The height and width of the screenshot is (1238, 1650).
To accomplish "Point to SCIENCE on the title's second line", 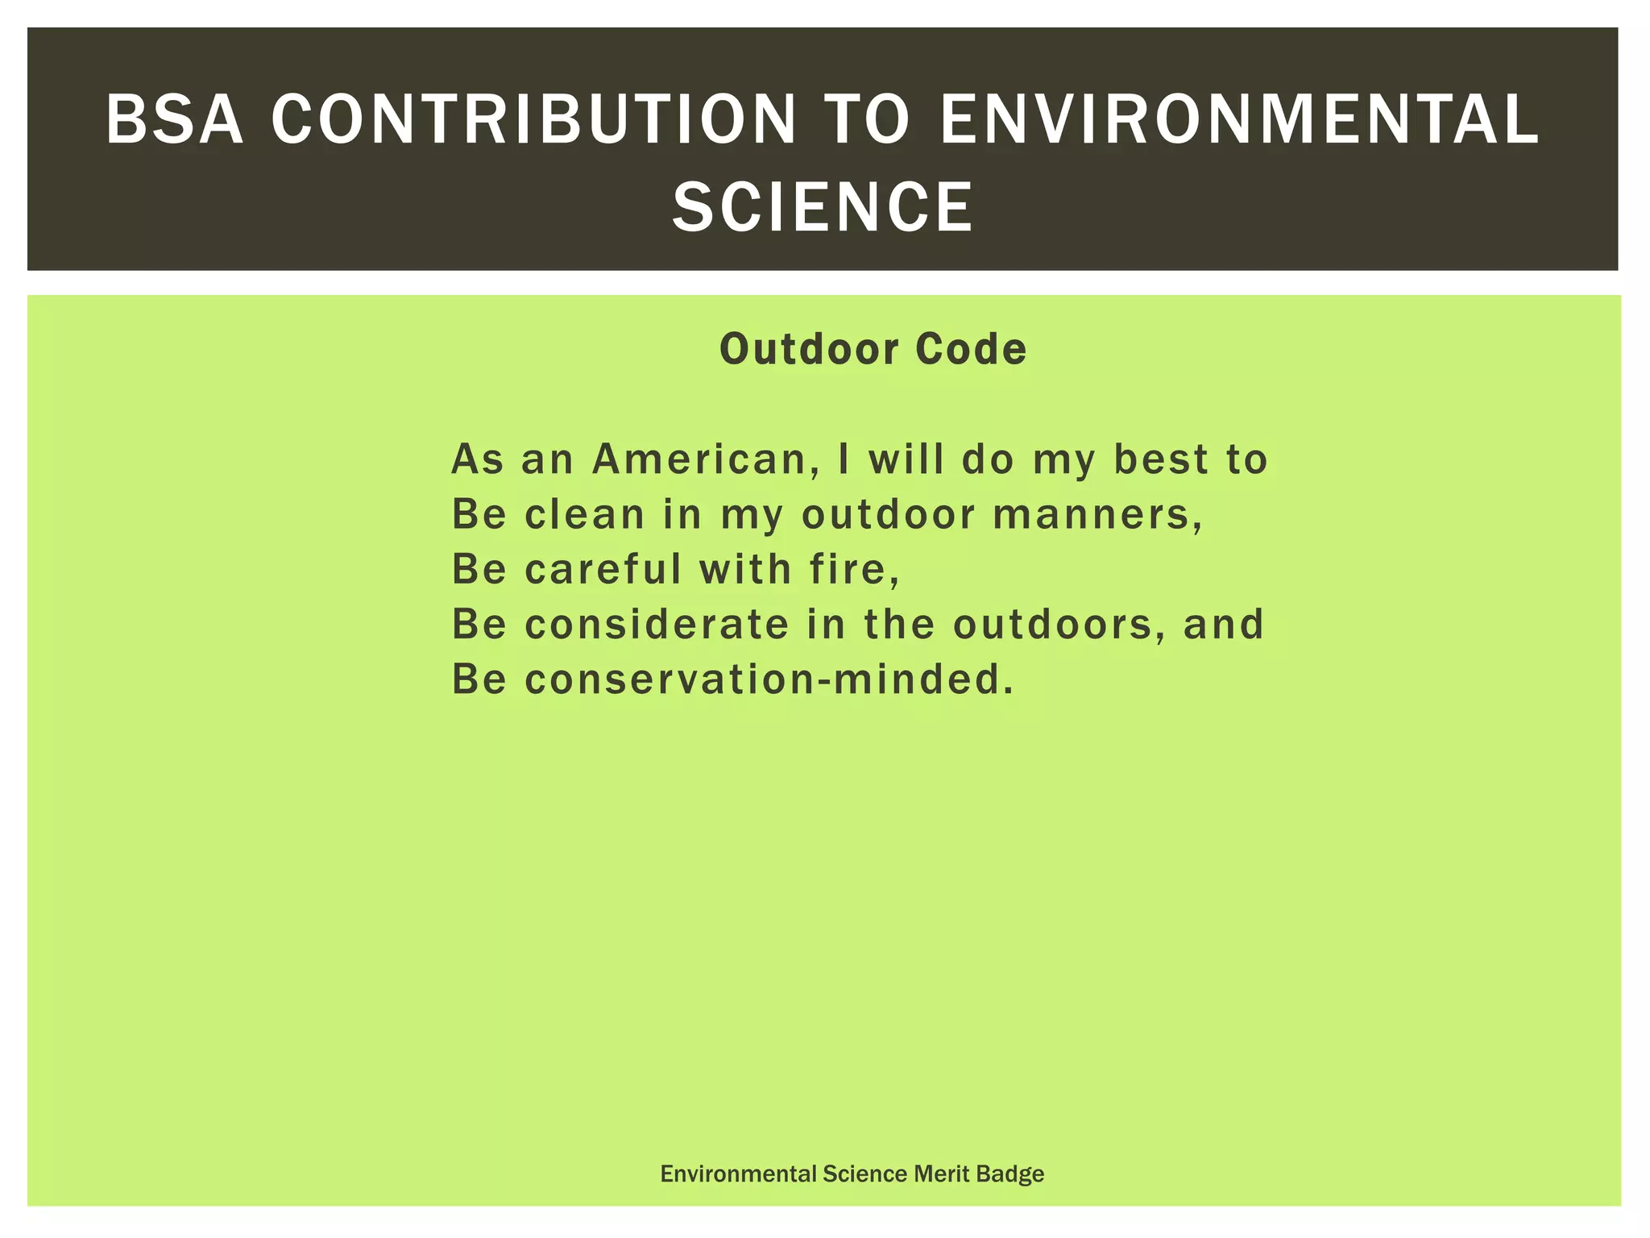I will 823,207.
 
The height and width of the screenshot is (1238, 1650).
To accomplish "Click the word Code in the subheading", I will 971,349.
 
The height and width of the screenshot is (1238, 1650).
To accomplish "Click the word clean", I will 585,514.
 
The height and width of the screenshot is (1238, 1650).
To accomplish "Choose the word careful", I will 603,569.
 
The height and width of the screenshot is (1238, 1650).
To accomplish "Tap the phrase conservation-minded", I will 769,679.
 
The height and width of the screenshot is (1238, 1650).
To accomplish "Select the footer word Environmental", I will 738,1174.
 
